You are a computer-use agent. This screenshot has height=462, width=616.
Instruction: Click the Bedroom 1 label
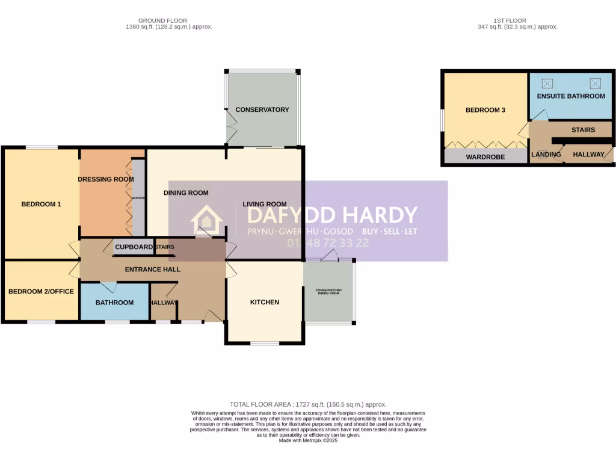41,205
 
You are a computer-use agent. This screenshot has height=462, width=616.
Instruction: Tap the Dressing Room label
105,179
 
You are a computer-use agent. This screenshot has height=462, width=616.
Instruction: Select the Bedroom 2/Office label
41,292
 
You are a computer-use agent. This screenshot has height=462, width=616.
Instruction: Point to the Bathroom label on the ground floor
114,303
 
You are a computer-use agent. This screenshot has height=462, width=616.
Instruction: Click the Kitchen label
265,302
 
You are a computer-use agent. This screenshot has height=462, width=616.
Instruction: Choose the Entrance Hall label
152,269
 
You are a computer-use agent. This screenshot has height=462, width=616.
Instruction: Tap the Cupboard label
134,247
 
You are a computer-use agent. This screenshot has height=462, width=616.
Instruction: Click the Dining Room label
186,193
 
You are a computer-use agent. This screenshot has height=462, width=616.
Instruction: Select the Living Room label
264,204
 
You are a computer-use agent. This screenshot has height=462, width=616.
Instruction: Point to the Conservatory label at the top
262,110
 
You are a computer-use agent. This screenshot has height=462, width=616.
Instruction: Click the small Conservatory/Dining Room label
328,292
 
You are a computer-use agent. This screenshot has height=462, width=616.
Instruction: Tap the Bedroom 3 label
485,111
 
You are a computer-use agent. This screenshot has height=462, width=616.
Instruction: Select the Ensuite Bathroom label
571,96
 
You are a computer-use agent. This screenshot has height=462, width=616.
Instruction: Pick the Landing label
546,155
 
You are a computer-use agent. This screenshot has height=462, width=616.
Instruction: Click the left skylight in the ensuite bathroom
548,83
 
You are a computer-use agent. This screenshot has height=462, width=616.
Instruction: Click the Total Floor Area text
308,405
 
